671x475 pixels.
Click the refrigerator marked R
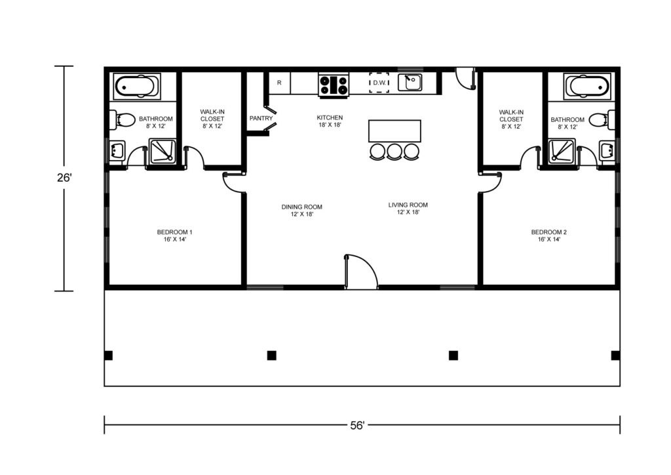pos(279,83)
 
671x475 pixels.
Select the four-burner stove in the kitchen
pos(334,85)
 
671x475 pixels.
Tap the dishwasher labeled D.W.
pos(379,83)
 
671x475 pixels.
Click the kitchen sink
pos(410,82)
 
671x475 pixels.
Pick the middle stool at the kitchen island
pos(394,152)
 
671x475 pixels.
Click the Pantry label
pos(261,118)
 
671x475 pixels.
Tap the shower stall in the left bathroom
pos(163,151)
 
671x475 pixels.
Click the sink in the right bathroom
pos(607,151)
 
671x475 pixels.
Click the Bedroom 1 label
pos(174,232)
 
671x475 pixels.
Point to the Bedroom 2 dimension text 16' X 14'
pos(549,239)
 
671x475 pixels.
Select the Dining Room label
pos(301,207)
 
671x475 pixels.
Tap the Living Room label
pos(408,205)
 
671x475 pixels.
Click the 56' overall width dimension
pos(357,425)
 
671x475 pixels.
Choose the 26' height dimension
pos(64,177)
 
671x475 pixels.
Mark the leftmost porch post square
pos(109,356)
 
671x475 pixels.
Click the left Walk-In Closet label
pos(212,119)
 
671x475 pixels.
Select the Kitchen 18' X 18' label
pos(330,121)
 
